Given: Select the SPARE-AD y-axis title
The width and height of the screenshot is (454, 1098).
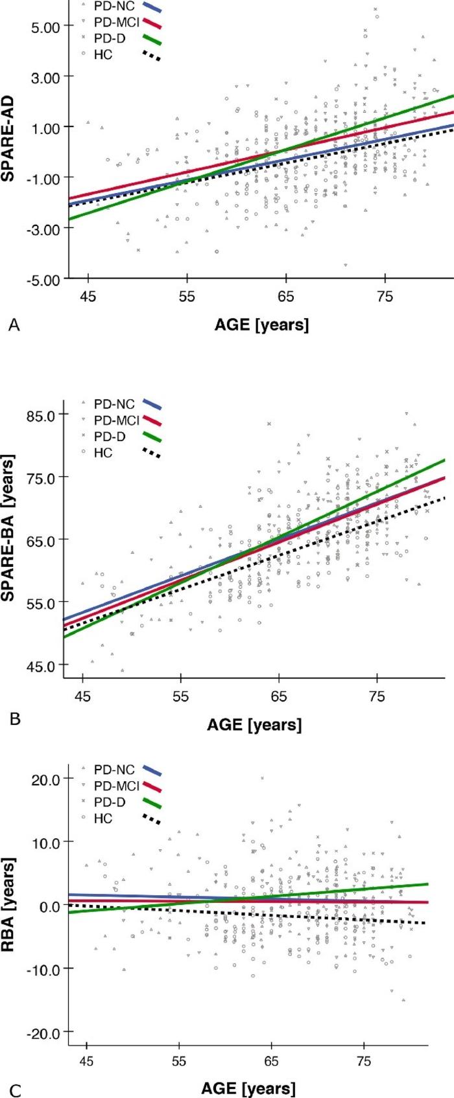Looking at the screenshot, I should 9,144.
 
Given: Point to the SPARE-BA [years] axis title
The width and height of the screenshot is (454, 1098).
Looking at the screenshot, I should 9,538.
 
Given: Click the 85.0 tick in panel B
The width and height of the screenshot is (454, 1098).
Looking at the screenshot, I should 42,414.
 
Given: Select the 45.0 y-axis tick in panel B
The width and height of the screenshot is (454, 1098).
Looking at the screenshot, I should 42,665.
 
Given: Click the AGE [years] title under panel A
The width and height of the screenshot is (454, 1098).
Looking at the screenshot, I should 261,324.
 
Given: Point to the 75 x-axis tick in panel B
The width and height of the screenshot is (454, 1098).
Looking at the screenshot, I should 377,696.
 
